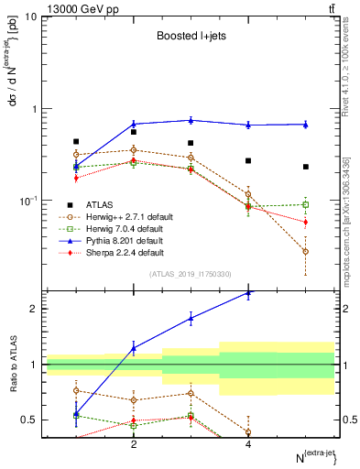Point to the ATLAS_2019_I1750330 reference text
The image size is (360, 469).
pos(191,274)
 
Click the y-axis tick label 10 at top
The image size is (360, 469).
pos(31,17)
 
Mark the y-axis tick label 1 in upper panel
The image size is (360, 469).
pos(34,109)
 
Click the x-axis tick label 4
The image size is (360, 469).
pos(248,444)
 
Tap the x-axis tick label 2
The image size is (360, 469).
pos(134,444)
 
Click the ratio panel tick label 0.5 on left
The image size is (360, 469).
pos(30,420)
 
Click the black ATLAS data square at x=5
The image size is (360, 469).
pos(306,167)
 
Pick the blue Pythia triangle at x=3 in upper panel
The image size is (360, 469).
pos(191,120)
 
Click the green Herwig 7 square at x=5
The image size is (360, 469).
pos(306,204)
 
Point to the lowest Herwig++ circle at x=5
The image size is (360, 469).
pos(306,251)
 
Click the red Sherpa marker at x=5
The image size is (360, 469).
pos(306,222)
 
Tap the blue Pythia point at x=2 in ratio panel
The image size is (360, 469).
pos(134,348)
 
